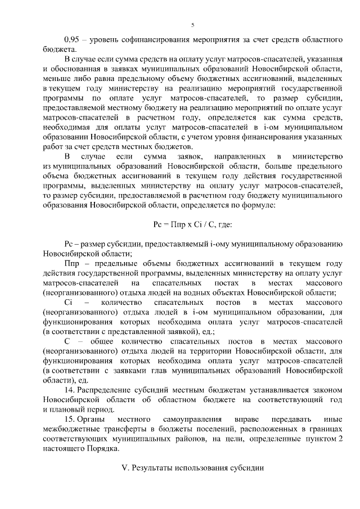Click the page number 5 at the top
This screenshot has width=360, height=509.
point(192,25)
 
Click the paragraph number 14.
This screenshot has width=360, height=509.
point(69,390)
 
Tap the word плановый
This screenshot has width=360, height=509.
point(71,409)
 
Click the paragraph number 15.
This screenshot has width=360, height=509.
point(69,420)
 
